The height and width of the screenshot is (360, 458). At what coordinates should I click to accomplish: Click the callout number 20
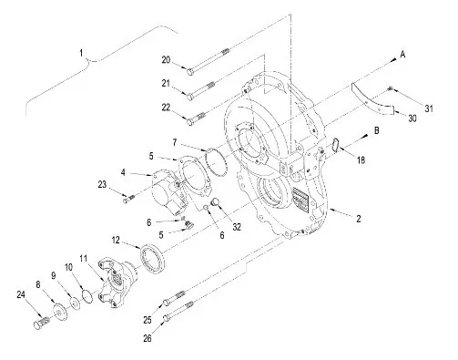coord(166,60)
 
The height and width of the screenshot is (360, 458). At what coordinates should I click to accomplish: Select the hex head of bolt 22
coord(189,122)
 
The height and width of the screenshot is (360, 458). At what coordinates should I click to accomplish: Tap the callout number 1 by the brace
coord(81,53)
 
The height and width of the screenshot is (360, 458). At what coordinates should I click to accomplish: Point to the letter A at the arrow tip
coord(402,55)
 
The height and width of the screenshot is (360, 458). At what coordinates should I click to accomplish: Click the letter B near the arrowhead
coord(376,130)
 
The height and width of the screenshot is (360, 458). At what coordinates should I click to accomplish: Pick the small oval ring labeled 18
coord(336,144)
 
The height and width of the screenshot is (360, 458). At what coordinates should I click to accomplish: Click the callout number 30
coord(412,118)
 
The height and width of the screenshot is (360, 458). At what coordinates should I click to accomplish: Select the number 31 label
coord(429,108)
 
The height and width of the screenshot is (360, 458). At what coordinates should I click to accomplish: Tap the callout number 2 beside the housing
coord(359,219)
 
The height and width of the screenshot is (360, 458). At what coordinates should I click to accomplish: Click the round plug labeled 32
coord(215,202)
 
